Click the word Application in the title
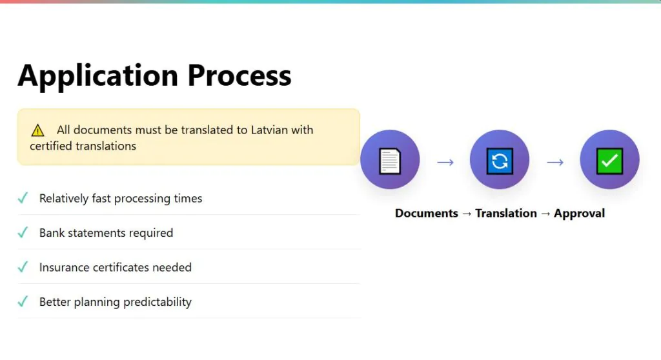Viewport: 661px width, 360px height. coord(98,76)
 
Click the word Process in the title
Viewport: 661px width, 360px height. coord(239,75)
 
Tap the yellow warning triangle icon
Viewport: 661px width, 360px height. coord(37,130)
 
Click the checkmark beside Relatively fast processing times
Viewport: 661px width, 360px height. coord(23,197)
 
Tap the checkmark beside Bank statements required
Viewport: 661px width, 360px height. coord(23,232)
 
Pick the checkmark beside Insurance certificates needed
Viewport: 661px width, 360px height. coord(23,267)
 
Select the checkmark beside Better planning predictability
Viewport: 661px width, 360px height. coord(23,301)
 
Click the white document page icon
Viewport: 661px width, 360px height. coord(390,161)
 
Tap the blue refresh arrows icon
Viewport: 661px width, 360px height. coord(500,161)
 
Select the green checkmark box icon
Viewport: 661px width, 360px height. coord(609,161)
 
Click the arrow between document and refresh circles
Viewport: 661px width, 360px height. coord(445,163)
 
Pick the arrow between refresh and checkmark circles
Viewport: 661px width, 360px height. coord(555,163)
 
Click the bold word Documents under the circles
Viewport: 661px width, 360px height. coord(427,214)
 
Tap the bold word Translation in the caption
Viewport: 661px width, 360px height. coord(506,214)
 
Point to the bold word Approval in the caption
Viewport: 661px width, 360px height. coord(579,214)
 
